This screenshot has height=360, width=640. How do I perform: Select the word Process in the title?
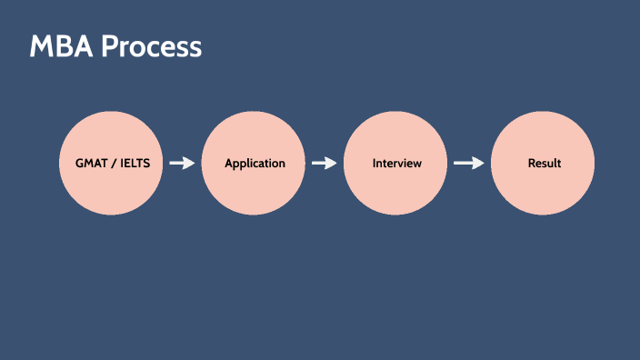point(151,47)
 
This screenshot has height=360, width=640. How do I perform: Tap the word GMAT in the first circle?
point(92,164)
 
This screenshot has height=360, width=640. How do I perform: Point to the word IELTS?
point(135,164)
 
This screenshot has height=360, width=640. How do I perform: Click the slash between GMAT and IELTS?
point(114,164)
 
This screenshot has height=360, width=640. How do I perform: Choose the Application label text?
point(255,164)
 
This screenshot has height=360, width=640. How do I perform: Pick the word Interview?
point(397,164)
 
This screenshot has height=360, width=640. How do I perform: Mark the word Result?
point(545,164)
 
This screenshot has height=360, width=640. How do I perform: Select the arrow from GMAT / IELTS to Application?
point(182,164)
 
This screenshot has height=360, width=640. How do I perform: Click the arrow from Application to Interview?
point(324,164)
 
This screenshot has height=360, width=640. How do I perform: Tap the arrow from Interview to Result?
point(468,164)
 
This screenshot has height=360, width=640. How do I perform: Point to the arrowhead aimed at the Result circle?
point(478,164)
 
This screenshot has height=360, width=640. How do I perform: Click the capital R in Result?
point(532,164)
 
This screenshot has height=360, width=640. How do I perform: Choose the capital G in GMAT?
point(80,164)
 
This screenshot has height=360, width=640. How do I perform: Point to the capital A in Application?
point(229,164)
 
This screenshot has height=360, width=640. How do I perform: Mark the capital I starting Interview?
point(375,164)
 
